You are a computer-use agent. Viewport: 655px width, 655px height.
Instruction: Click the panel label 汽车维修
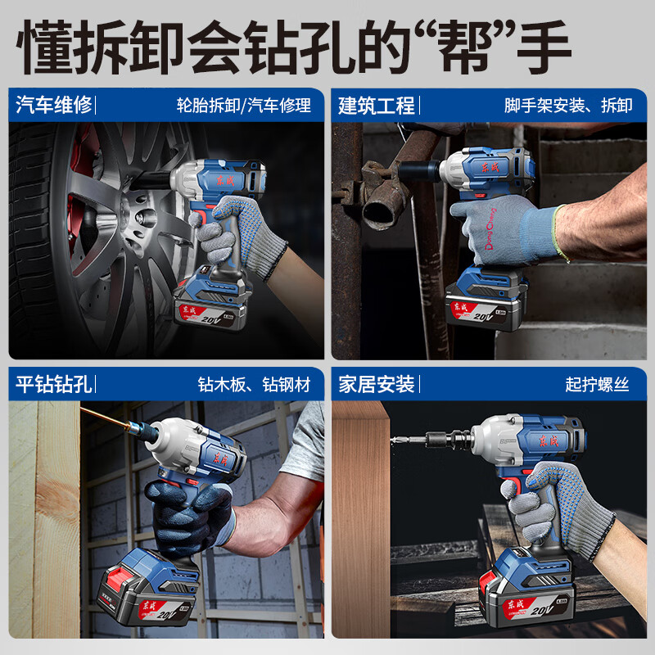[54, 105]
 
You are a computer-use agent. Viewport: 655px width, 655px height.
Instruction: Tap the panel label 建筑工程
[377, 105]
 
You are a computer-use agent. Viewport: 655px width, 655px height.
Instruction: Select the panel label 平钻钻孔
[54, 384]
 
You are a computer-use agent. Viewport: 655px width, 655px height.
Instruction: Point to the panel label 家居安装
[377, 384]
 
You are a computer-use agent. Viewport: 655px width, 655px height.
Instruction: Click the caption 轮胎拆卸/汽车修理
[244, 106]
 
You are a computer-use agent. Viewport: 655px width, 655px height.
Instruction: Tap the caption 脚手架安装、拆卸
[568, 106]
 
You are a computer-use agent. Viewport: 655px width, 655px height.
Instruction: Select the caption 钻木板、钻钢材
[255, 385]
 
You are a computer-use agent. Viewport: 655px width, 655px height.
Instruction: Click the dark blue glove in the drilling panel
[184, 512]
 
